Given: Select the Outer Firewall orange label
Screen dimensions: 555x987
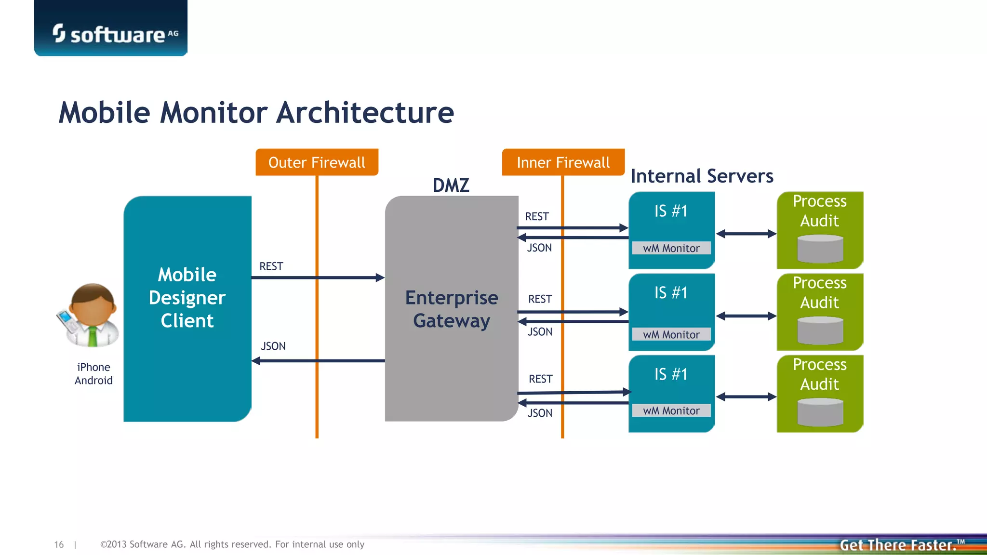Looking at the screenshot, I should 317,162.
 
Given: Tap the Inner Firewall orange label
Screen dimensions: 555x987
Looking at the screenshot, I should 563,162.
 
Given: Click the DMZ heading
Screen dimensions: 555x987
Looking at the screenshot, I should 451,185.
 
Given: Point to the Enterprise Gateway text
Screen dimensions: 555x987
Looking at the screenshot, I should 452,309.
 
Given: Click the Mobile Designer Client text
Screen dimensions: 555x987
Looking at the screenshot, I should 187,298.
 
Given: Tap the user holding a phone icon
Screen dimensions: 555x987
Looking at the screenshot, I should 89,316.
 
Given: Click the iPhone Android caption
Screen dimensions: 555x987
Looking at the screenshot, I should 93,374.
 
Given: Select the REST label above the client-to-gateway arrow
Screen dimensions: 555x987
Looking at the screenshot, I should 271,266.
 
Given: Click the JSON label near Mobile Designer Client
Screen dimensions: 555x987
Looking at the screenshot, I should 273,346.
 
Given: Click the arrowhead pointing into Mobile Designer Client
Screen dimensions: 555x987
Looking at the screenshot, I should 256,361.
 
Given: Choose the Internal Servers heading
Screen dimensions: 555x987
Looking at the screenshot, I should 702,176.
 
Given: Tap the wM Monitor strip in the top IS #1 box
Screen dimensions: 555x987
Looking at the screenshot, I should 671,248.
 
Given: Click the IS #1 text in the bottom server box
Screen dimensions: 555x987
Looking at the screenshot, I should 671,374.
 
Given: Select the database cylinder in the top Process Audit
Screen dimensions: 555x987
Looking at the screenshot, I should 820,249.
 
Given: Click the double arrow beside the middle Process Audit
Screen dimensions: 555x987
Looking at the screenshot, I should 746,316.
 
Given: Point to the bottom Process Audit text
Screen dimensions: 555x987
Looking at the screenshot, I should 819,374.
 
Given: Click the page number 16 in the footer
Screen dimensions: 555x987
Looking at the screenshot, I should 59,544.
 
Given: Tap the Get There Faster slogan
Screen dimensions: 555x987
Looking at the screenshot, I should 899,545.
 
